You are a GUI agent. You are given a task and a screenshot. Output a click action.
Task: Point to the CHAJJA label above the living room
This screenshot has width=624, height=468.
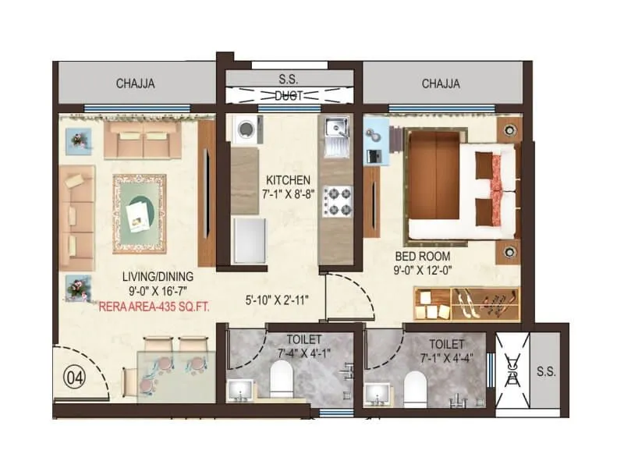[133, 83]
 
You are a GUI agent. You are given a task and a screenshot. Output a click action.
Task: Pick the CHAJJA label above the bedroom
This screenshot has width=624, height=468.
[441, 83]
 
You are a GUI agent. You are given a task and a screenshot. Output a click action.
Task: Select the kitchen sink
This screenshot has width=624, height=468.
[336, 133]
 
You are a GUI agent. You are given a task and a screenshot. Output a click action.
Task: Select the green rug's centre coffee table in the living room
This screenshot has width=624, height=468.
[140, 212]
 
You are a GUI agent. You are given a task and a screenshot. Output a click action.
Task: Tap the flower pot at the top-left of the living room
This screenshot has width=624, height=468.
[79, 140]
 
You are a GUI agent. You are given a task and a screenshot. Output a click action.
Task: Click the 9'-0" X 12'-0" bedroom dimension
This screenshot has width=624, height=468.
[424, 270]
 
